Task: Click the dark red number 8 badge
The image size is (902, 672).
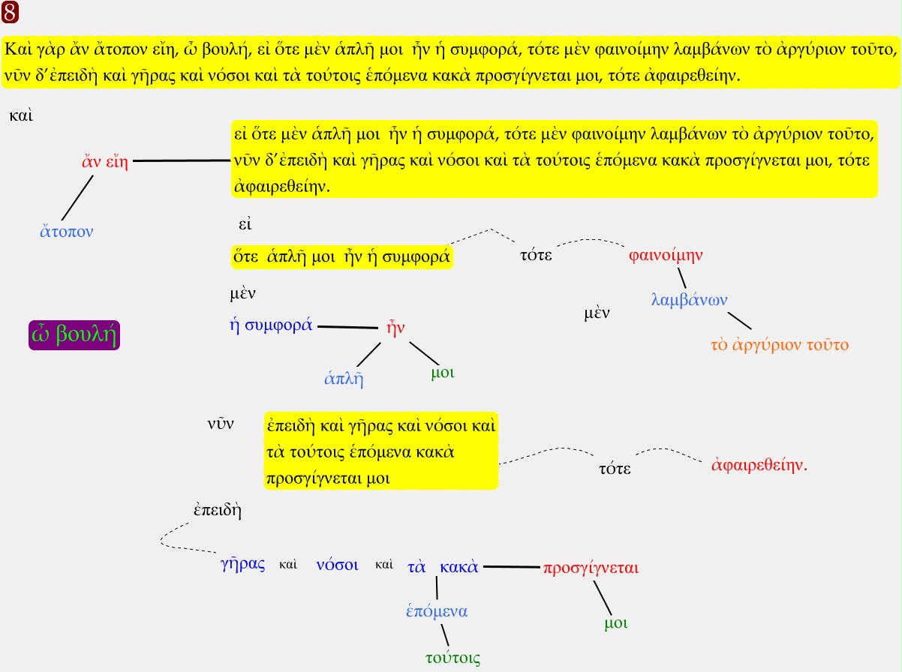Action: pyautogui.click(x=11, y=12)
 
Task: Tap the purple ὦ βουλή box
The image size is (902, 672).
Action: pyautogui.click(x=74, y=335)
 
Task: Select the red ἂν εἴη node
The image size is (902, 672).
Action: pyautogui.click(x=104, y=162)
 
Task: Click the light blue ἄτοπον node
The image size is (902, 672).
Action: pyautogui.click(x=67, y=231)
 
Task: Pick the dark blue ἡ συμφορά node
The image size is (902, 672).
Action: pyautogui.click(x=271, y=325)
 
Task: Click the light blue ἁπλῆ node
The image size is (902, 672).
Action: pyautogui.click(x=344, y=378)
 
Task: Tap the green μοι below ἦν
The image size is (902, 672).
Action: pyautogui.click(x=443, y=372)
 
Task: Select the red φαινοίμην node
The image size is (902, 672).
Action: pyautogui.click(x=666, y=254)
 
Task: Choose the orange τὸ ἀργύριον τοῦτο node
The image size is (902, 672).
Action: pyautogui.click(x=779, y=345)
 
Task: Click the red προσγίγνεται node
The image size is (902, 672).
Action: pyautogui.click(x=591, y=568)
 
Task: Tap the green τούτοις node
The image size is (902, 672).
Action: pyautogui.click(x=453, y=658)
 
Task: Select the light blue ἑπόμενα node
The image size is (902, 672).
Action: pyautogui.click(x=437, y=610)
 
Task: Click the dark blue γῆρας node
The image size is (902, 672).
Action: pyautogui.click(x=243, y=565)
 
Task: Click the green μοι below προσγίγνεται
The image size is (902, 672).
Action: pyautogui.click(x=616, y=622)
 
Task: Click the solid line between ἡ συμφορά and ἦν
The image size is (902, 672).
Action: pyautogui.click(x=347, y=327)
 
